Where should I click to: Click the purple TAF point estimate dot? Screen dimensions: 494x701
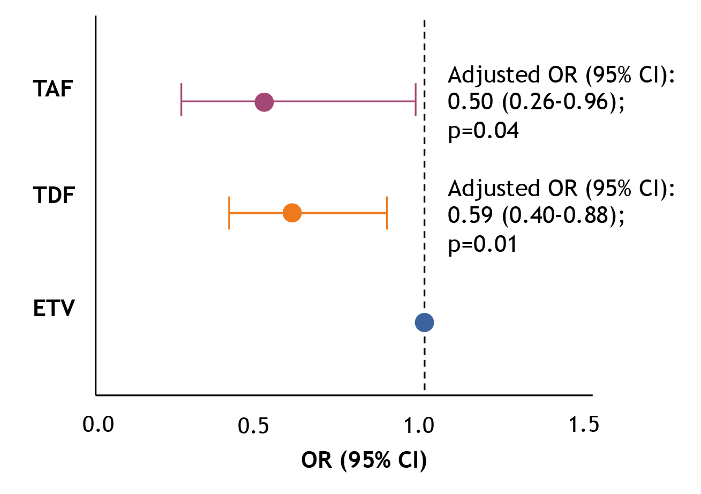click(x=264, y=101)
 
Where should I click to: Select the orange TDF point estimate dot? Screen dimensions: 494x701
click(x=292, y=213)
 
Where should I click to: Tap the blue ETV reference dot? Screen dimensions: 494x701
click(x=424, y=322)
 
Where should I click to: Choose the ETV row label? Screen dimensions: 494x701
click(x=53, y=309)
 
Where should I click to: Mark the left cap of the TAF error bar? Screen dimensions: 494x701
click(x=182, y=100)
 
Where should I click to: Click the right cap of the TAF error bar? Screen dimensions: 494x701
click(x=416, y=100)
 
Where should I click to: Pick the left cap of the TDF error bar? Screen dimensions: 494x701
click(x=229, y=213)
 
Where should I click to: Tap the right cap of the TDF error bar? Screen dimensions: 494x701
click(x=387, y=213)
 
